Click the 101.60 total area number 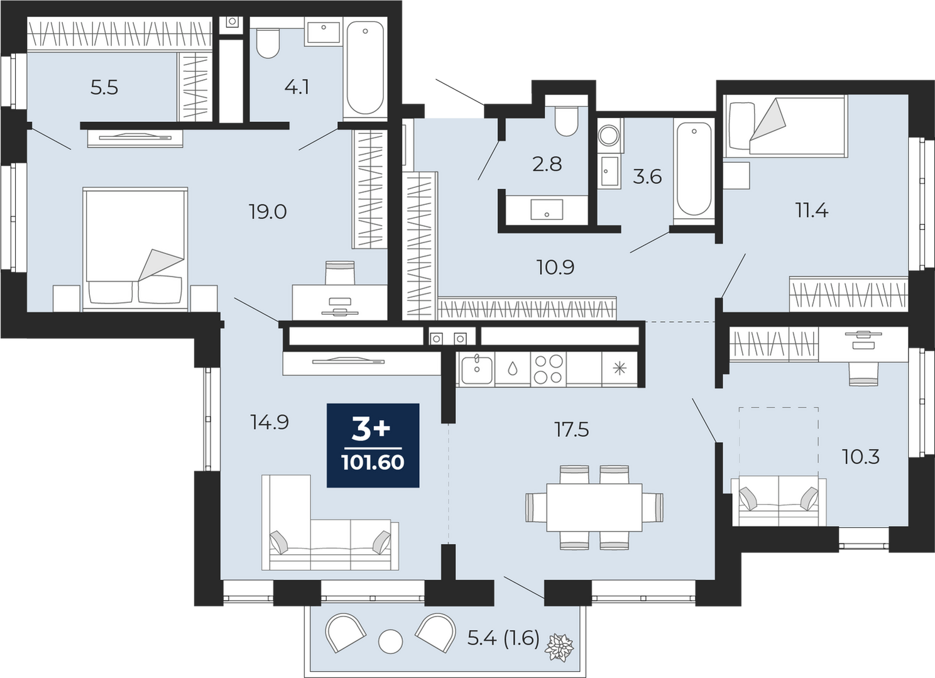click(x=373, y=462)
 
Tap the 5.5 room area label click(x=104, y=88)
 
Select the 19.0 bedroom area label click(x=268, y=212)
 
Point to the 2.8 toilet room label click(x=547, y=165)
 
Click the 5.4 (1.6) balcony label click(x=503, y=638)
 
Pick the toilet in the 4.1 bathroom click(x=268, y=43)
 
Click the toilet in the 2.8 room click(x=566, y=121)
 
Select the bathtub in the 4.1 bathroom click(x=365, y=68)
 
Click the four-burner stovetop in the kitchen click(x=548, y=369)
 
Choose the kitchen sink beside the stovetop click(x=477, y=369)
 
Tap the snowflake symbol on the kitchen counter click(x=620, y=369)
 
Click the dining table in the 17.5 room click(x=594, y=507)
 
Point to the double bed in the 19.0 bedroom click(x=135, y=249)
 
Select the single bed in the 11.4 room click(x=785, y=126)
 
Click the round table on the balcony click(x=391, y=642)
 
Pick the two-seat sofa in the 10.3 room click(x=779, y=501)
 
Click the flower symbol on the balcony click(x=560, y=647)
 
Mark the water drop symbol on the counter click(x=513, y=369)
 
